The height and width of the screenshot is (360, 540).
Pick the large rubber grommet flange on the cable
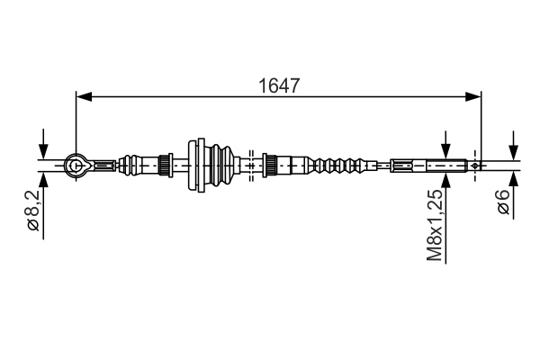click(x=195, y=165)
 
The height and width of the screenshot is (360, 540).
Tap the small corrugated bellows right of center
click(x=337, y=165)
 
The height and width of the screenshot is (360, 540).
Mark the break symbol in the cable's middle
click(x=251, y=165)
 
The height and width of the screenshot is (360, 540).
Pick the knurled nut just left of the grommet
click(x=165, y=165)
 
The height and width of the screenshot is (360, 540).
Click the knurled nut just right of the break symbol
click(x=268, y=165)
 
